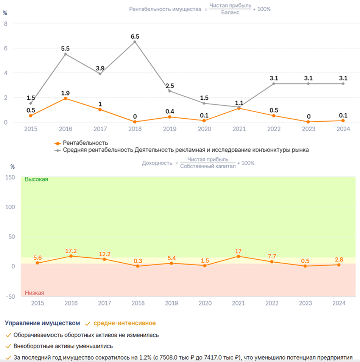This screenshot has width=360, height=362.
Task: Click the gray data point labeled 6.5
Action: [135, 42]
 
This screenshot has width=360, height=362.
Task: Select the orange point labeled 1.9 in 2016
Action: [65, 98]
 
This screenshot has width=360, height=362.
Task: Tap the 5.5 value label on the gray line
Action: [65, 49]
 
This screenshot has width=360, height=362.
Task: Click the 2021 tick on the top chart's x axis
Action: [239, 129]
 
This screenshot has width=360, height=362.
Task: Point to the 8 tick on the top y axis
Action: [6, 24]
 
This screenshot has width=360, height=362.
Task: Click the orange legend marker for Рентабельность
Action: [58, 143]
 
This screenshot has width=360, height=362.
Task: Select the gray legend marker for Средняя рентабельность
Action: [58, 150]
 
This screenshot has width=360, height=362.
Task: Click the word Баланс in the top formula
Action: [230, 13]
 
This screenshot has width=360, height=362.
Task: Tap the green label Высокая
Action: [36, 179]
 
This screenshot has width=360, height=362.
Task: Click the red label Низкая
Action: [34, 293]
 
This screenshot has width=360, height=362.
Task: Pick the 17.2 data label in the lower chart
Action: [71, 251]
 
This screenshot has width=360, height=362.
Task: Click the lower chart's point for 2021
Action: [238, 256]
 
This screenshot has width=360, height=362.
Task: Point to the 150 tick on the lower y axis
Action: [10, 177]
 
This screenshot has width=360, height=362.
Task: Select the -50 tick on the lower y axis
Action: [10, 296]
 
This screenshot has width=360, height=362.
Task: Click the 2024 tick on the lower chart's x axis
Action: [339, 303]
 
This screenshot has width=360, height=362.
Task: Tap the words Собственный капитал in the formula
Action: [208, 166]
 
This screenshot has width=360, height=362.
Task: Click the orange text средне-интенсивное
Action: [125, 323]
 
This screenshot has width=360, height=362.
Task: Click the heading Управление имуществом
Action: [42, 323]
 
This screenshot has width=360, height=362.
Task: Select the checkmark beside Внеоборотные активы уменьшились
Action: [8, 346]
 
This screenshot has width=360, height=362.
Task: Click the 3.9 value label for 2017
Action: [100, 68]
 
